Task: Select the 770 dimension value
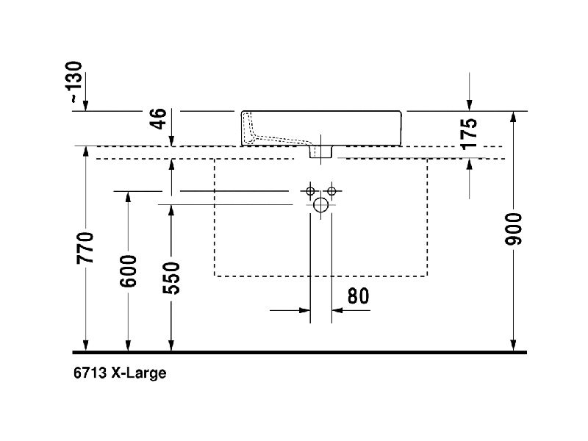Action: [x=86, y=248]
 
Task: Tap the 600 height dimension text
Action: [x=129, y=271]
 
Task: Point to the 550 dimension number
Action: [x=171, y=277]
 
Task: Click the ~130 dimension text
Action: [x=76, y=83]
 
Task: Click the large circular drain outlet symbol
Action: [x=321, y=205]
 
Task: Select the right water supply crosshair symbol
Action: [x=332, y=192]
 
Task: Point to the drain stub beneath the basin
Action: [x=321, y=151]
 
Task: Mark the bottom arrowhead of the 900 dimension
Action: [x=514, y=345]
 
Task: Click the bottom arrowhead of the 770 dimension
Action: [x=86, y=345]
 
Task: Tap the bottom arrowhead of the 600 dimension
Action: [x=129, y=345]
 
